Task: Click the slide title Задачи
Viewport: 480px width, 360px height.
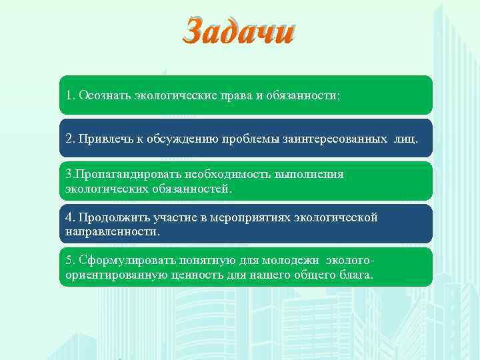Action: (x=239, y=31)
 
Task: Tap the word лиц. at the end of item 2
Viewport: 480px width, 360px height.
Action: (x=405, y=139)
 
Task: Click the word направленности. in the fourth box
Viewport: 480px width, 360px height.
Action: (x=113, y=232)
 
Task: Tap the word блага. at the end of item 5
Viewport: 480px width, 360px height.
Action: (x=358, y=275)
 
